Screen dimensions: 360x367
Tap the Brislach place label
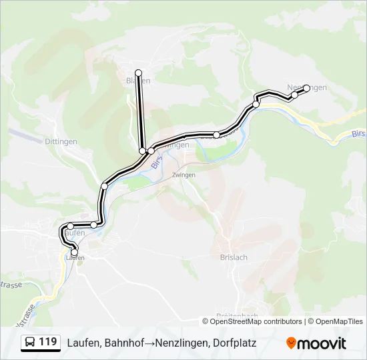click(234, 257)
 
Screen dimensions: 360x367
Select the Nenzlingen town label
click(307, 88)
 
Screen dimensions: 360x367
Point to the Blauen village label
click(138, 81)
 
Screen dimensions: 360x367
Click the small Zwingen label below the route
click(183, 175)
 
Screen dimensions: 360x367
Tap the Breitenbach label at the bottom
click(237, 316)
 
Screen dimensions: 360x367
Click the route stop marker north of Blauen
click(138, 73)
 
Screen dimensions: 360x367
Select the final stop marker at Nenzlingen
click(307, 87)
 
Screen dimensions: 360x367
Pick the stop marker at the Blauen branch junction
click(142, 151)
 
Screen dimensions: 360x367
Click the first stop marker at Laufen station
click(74, 253)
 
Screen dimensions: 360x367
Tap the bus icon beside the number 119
click(31, 343)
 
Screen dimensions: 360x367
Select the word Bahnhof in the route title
click(125, 343)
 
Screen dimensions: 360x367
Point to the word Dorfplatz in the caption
click(233, 343)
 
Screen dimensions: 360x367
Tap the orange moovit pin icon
click(291, 343)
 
